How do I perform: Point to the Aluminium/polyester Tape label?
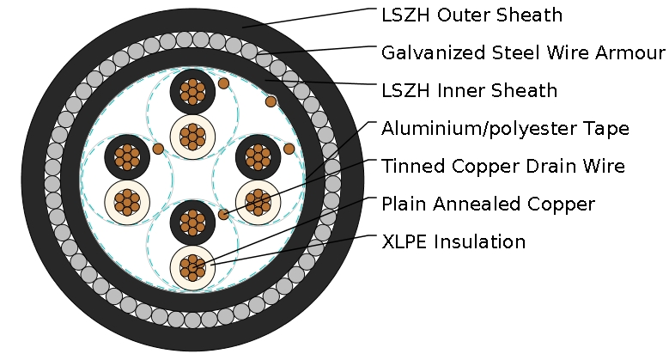click(x=505, y=129)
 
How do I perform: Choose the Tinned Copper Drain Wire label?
click(x=502, y=166)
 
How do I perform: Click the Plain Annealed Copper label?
click(x=488, y=204)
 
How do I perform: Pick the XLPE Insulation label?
click(x=453, y=241)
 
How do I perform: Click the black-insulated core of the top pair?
click(x=192, y=91)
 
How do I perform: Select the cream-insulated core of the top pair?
click(x=192, y=136)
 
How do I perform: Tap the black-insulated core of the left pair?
click(x=127, y=156)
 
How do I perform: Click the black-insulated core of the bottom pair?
click(x=192, y=223)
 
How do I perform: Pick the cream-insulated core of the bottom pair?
click(x=192, y=267)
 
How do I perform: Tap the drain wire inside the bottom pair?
click(x=224, y=214)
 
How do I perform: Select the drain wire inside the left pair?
click(x=158, y=149)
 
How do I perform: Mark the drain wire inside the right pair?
click(x=289, y=149)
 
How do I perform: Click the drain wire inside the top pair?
click(x=223, y=83)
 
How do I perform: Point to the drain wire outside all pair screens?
click(x=271, y=101)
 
